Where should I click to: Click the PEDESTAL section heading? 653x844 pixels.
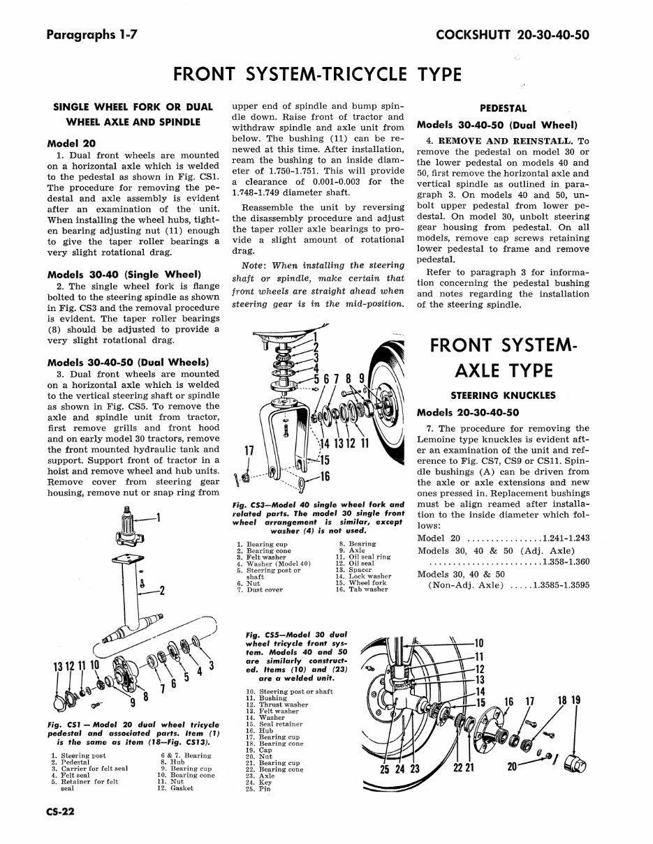[x=504, y=109]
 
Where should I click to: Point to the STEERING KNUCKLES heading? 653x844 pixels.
[x=503, y=395]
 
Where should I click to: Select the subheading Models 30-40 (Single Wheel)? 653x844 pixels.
[x=124, y=274]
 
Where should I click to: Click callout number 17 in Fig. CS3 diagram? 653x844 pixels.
[x=248, y=451]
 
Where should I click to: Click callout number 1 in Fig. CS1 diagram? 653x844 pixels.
[x=159, y=518]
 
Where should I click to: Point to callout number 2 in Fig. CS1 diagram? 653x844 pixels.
[x=162, y=591]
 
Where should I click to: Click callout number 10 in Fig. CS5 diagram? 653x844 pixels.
[x=479, y=643]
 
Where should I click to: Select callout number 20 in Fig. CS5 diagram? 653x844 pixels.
[x=513, y=767]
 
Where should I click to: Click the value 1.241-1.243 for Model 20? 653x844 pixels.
[x=566, y=538]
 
